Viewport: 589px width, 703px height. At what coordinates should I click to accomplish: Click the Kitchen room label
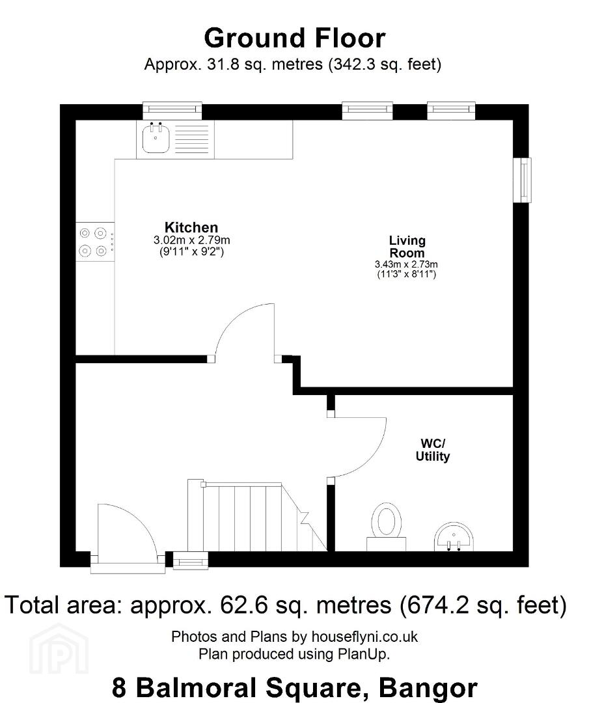pos(191,227)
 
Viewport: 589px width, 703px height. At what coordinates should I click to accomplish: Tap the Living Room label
pos(407,247)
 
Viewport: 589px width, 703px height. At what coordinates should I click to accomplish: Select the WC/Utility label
pos(433,450)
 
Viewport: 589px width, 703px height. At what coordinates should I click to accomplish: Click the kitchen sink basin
pos(155,138)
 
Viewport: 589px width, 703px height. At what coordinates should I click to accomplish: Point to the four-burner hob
pos(95,241)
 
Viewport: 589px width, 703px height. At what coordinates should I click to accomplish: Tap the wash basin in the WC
pos(454,536)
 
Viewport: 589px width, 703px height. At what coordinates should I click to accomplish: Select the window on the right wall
pos(522,180)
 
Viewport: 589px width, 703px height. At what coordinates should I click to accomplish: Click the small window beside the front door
pos(191,560)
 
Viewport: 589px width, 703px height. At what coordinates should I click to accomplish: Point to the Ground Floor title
pos(294,38)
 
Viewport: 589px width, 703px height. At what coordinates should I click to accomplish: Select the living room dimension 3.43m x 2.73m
pos(406,264)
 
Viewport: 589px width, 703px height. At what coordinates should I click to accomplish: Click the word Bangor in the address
pos(428,687)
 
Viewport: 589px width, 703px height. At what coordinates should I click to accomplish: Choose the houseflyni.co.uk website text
pos(364,637)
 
